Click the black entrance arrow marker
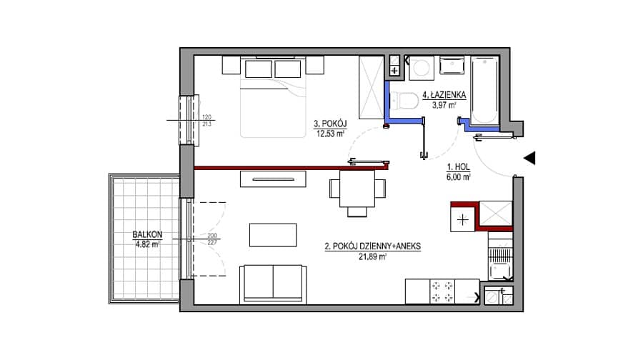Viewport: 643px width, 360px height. [529, 158]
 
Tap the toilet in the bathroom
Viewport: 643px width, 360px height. [404, 101]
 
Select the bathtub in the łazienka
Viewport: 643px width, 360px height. [484, 91]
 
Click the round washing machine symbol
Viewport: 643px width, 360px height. [421, 68]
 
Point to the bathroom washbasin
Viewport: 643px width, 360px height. [452, 66]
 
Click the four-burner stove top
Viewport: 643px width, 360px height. [442, 291]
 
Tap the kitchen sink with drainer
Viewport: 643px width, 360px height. [500, 259]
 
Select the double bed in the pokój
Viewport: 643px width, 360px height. [273, 97]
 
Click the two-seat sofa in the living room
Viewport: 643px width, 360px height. [273, 284]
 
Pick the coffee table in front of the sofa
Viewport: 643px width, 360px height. [273, 235]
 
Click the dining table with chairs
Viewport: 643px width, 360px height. [357, 191]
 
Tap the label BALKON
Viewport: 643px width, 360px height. [147, 234]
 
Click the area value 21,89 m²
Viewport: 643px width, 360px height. [372, 257]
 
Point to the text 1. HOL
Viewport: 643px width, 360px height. [459, 167]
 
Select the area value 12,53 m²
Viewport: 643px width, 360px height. [330, 134]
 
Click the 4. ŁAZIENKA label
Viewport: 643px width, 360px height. [444, 95]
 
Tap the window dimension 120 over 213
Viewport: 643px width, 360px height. [206, 121]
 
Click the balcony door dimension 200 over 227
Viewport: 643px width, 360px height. [212, 239]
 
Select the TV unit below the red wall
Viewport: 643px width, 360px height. [273, 179]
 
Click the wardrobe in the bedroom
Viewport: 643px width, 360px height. [371, 88]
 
